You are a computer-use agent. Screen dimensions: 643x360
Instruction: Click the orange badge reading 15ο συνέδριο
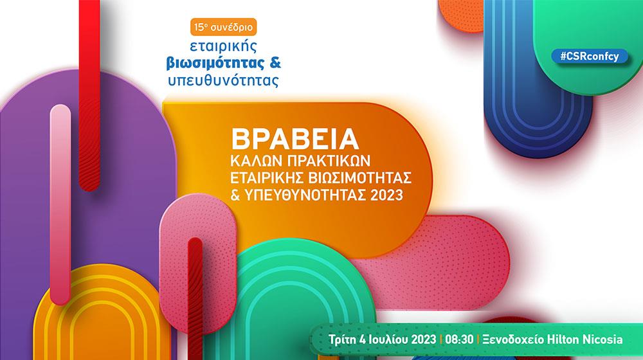(224, 27)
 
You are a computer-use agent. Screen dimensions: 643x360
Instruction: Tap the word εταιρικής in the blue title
(224, 46)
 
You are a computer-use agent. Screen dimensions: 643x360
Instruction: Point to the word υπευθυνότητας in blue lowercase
(224, 80)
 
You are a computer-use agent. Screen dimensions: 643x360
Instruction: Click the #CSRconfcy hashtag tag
(589, 56)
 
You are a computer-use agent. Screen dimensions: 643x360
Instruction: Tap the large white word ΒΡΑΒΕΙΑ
(295, 139)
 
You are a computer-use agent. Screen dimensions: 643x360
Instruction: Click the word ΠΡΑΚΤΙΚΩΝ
(327, 160)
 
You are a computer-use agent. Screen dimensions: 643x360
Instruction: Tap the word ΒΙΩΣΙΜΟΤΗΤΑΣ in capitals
(361, 177)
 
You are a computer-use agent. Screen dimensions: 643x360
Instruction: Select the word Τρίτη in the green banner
(342, 339)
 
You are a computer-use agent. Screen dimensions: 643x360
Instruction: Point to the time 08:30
(459, 339)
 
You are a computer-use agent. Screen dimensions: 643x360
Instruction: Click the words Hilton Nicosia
(585, 339)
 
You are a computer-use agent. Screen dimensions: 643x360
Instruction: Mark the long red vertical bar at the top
(89, 95)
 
